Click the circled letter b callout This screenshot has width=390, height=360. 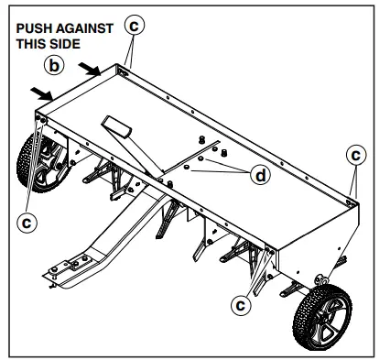click(x=55, y=65)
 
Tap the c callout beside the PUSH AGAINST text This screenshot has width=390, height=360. click(x=135, y=27)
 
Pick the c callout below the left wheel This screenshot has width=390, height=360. click(x=28, y=221)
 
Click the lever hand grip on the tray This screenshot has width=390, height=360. click(x=117, y=127)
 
